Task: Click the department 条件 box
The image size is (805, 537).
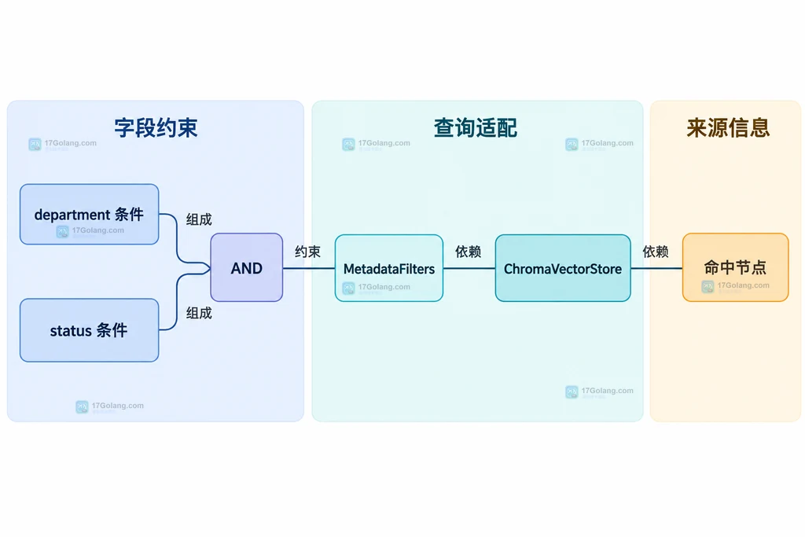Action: coord(90,214)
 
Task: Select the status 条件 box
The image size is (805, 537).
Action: coord(90,330)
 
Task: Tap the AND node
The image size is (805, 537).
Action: coord(246,267)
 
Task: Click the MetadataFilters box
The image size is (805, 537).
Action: coord(388,268)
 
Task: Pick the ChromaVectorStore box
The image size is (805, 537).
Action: coord(563,268)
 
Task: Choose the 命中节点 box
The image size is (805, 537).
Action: coord(735,267)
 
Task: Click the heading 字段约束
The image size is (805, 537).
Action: coord(156,128)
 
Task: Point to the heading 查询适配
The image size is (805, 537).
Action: coord(476,128)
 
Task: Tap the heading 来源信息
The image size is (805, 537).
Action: coord(728,128)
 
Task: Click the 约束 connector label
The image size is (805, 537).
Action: coord(307,252)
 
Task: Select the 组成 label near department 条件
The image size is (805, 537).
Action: coord(199,219)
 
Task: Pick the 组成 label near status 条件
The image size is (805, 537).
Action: coord(199,313)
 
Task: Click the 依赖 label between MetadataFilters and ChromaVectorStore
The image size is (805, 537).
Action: coord(469,252)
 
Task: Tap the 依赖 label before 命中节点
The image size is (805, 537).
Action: coord(656,252)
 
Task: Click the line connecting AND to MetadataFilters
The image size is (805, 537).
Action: coord(308,268)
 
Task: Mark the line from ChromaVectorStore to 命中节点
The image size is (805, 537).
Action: coord(656,268)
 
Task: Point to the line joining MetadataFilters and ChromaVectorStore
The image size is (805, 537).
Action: coord(469,268)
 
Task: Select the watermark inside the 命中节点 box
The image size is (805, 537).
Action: coord(736,286)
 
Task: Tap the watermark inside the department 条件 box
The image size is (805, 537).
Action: coord(90,231)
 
